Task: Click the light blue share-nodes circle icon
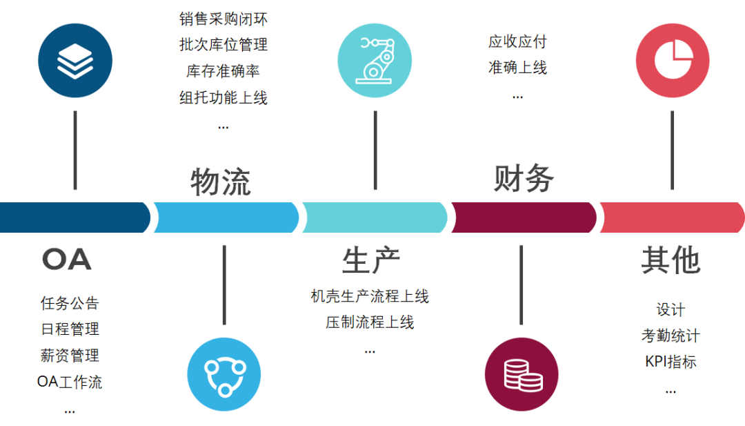[x=224, y=374]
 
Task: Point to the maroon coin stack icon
[x=522, y=374]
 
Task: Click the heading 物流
[x=221, y=182]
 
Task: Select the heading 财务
[x=524, y=178]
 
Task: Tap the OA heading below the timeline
[x=67, y=260]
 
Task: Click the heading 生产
[x=371, y=260]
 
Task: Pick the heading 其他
[x=670, y=260]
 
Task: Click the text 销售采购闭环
[x=223, y=19]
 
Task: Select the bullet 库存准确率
[x=223, y=71]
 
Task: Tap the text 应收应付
[x=517, y=41]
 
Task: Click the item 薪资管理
[x=70, y=355]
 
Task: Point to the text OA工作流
[x=70, y=381]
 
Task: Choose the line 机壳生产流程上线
[x=370, y=296]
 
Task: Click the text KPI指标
[x=670, y=362]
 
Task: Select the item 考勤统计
[x=670, y=336]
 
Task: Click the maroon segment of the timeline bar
[x=524, y=217]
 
